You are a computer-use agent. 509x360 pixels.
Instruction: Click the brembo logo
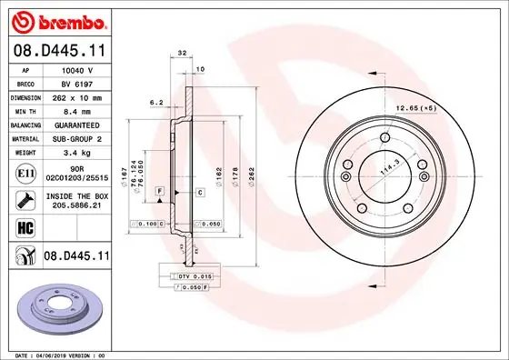point(57,21)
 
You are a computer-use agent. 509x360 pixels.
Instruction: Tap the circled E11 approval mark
point(26,171)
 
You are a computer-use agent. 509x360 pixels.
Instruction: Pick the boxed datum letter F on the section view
point(160,190)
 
